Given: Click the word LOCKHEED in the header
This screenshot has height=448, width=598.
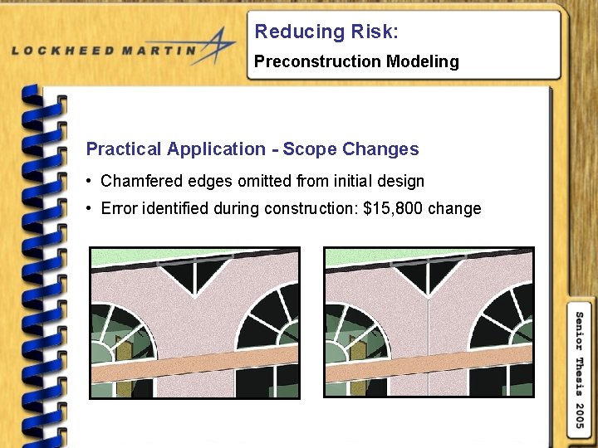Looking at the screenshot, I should [x=61, y=51].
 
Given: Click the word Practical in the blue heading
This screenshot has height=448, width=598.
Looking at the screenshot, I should [x=123, y=149].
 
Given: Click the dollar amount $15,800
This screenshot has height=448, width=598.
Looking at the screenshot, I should [x=393, y=208].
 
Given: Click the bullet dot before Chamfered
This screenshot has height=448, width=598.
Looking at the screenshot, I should [x=89, y=182].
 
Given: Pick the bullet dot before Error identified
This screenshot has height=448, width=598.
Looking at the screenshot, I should [x=89, y=209].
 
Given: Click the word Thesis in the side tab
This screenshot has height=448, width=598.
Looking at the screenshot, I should [x=581, y=368].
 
